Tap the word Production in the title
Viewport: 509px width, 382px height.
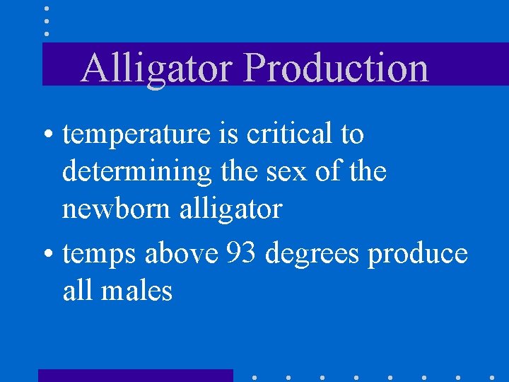(337, 69)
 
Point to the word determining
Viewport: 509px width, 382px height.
(136, 172)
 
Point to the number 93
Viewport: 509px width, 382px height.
(242, 254)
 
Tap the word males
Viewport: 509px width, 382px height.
(141, 291)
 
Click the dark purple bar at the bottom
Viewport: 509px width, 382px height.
(135, 375)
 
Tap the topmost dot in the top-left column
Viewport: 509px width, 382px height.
(47, 9)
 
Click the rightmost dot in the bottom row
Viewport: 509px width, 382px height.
(492, 377)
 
